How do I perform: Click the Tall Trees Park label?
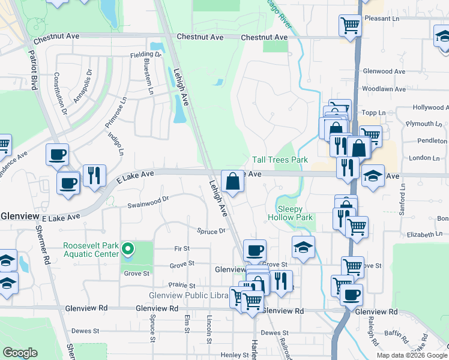coord(280,160)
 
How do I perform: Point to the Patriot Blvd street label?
coord(33,70)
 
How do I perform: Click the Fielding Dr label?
coord(146,55)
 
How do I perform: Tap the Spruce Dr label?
coord(211,231)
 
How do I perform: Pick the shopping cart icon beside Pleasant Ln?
coord(350,25)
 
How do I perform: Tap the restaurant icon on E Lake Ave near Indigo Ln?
coord(94,175)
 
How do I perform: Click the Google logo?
coord(20,353)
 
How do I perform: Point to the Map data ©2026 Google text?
coord(411,355)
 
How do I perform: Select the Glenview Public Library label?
coord(188,295)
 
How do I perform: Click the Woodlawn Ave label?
coord(384,89)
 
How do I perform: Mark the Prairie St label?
coord(182,286)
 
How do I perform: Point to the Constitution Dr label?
coord(61,94)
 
